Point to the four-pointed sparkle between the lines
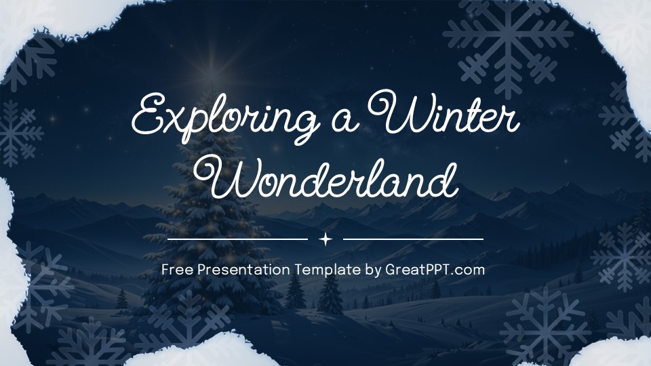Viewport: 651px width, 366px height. (325, 239)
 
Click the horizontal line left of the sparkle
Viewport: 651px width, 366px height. (237, 239)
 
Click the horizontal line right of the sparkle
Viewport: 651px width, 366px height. (413, 239)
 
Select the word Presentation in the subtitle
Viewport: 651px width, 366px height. (244, 270)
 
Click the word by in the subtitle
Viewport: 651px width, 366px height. (374, 270)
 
